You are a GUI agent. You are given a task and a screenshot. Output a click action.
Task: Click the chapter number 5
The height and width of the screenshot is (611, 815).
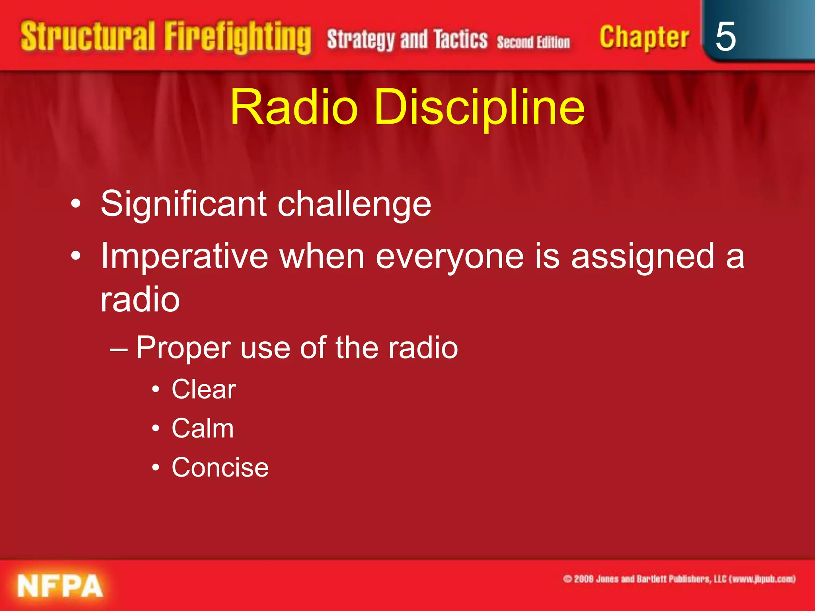click(x=725, y=37)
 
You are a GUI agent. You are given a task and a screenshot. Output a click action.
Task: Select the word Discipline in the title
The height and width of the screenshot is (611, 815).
click(x=479, y=107)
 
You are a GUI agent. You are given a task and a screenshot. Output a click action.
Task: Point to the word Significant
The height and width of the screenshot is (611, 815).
click(x=183, y=204)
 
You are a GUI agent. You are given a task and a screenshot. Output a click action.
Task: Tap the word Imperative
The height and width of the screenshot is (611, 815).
click(x=184, y=257)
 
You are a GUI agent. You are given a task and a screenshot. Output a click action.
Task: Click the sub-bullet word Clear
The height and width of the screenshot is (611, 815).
click(x=204, y=389)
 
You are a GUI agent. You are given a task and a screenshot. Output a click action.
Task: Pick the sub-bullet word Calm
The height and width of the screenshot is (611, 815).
click(x=203, y=428)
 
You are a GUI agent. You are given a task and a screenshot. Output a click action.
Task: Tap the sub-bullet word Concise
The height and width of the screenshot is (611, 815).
click(x=220, y=467)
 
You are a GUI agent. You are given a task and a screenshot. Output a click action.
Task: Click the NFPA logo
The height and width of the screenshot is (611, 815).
click(x=60, y=586)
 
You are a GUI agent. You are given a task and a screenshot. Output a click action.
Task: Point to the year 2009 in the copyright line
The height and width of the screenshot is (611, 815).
click(x=584, y=579)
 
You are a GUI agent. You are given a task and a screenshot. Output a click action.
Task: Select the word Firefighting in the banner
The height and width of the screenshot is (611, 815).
click(x=238, y=38)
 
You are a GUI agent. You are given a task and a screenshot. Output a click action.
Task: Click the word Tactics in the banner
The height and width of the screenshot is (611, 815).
click(x=460, y=39)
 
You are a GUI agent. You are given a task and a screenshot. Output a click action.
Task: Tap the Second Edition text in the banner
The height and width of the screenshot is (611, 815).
click(x=533, y=42)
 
